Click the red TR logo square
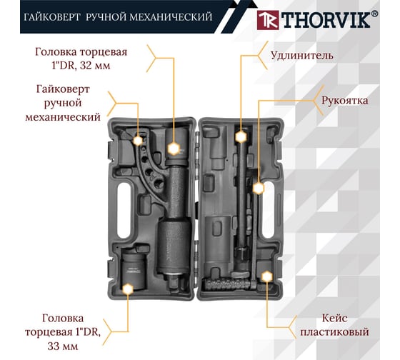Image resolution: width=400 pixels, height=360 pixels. [x=268, y=20]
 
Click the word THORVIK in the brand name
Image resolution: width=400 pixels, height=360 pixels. [x=326, y=20]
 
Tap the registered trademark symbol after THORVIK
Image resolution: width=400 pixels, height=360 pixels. [x=374, y=14]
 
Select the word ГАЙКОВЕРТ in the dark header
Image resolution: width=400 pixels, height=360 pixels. [x=52, y=17]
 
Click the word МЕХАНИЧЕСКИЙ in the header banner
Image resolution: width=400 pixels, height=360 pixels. [x=171, y=17]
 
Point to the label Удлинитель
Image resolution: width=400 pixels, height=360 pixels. [x=301, y=56]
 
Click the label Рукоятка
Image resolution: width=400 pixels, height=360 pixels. [x=344, y=100]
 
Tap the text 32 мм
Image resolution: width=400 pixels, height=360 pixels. [x=95, y=66]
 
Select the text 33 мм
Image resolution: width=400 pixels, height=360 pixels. [x=63, y=346]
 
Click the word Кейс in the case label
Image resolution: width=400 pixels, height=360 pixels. [x=334, y=318]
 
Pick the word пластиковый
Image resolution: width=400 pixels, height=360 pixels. [x=334, y=332]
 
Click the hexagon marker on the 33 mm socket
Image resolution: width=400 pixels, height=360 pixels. [x=128, y=289]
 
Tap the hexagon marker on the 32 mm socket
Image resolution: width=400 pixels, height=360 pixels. [x=174, y=149]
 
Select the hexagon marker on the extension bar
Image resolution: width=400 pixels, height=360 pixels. [x=241, y=136]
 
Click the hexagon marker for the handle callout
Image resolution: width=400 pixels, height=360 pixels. [x=259, y=188]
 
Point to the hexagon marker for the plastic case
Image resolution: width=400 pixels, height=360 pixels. [x=266, y=276]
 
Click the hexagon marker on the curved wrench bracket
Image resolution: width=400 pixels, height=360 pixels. [x=138, y=141]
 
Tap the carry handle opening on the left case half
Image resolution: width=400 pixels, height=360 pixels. [x=124, y=211]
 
